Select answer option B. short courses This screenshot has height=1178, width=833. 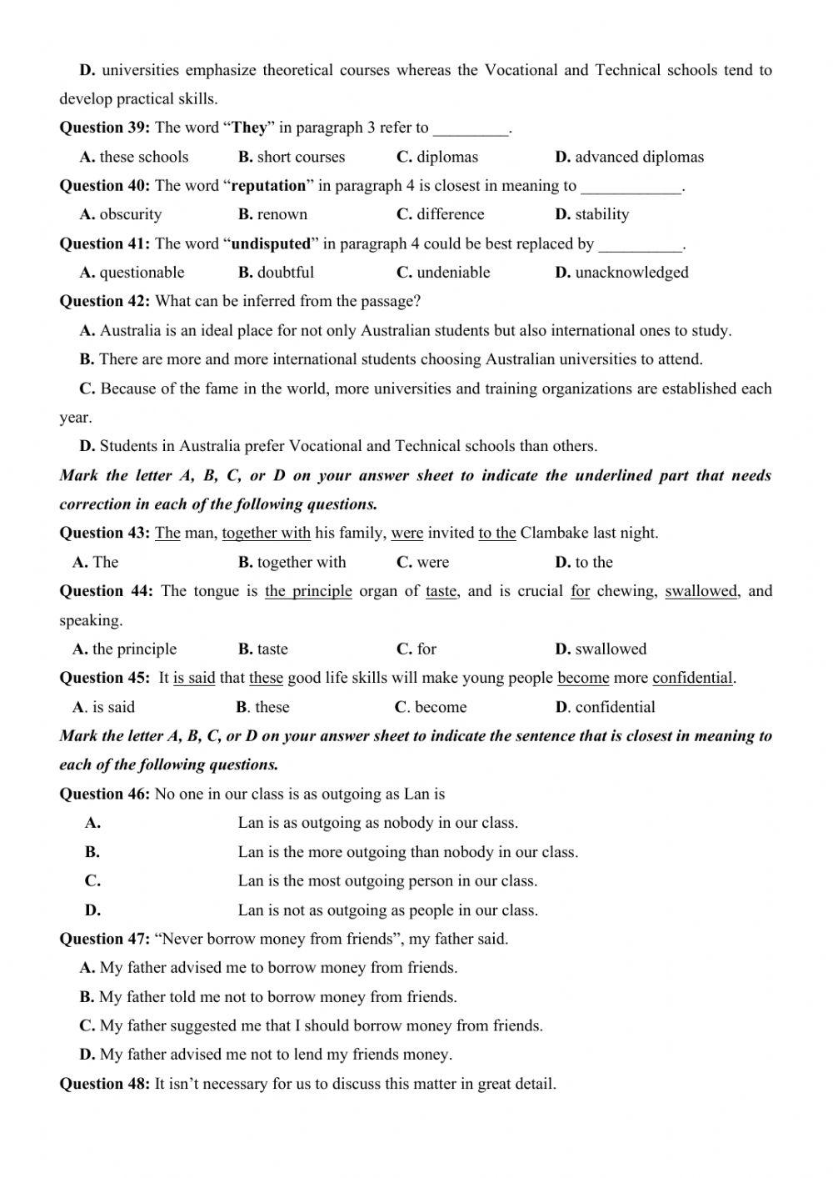click(x=291, y=157)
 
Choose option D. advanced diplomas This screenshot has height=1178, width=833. click(x=629, y=157)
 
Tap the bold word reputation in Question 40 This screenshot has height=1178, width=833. click(x=268, y=185)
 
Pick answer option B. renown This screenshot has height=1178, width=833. click(x=272, y=214)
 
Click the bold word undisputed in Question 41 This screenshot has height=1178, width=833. click(x=271, y=243)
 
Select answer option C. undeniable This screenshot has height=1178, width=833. click(x=443, y=273)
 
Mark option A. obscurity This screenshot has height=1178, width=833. click(x=121, y=214)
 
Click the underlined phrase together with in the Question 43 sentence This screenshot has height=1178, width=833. click(x=266, y=533)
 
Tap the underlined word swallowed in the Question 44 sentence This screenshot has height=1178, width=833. click(x=701, y=591)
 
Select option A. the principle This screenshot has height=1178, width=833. click(x=125, y=649)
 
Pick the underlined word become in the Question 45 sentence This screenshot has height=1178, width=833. click(x=583, y=678)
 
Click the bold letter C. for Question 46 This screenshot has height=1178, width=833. click(x=92, y=880)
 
